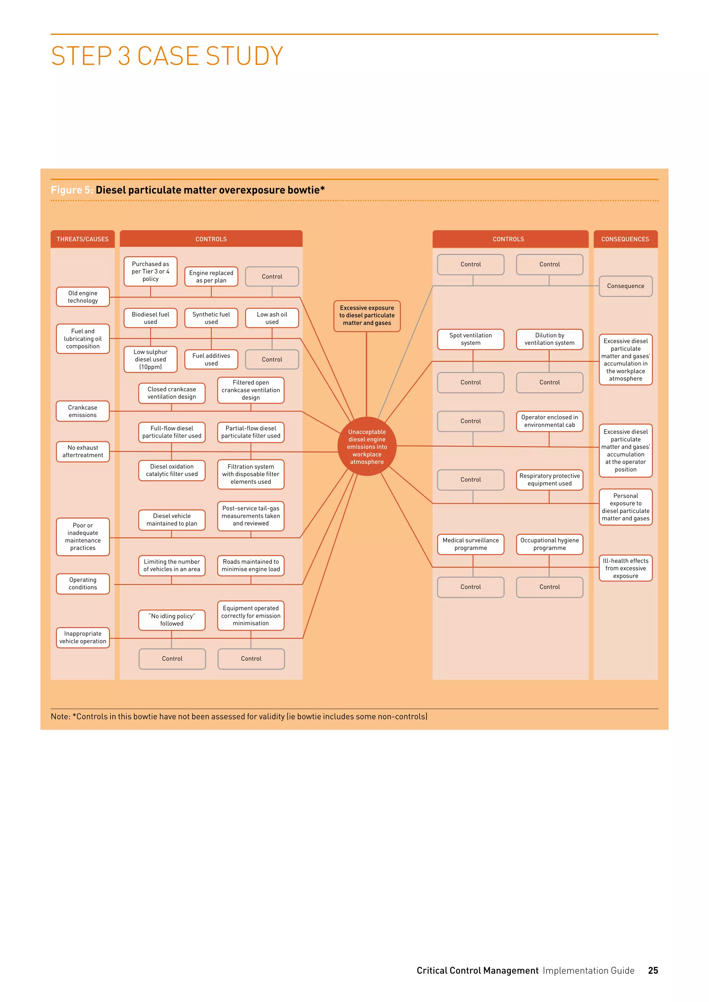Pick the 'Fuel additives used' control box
[x=211, y=359]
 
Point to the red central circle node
[x=367, y=446]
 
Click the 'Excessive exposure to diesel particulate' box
[x=367, y=316]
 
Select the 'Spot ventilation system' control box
[x=470, y=339]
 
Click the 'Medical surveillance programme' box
[x=470, y=544]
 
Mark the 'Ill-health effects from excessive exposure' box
[x=625, y=568]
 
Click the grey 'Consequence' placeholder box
[x=625, y=286]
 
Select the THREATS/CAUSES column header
[x=82, y=239]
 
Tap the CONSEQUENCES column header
[x=625, y=239]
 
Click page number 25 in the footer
[x=653, y=970]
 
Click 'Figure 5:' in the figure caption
[x=72, y=190]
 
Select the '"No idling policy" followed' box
[x=172, y=620]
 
